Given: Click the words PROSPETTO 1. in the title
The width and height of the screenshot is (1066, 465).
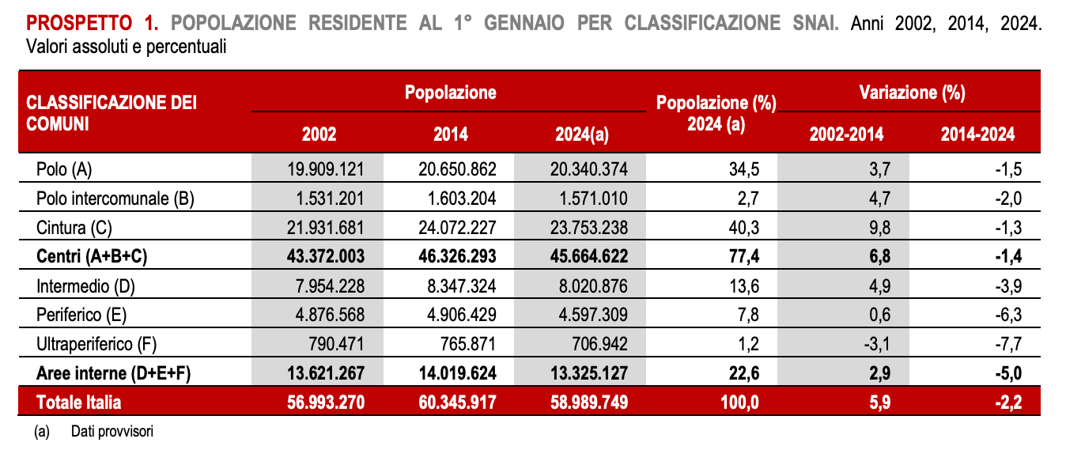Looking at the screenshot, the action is tap(93, 23).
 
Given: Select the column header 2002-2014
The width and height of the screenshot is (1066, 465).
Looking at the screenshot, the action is tap(847, 134).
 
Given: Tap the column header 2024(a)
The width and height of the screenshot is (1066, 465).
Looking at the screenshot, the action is tap(582, 134).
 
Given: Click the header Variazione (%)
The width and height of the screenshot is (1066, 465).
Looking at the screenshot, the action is tap(913, 93).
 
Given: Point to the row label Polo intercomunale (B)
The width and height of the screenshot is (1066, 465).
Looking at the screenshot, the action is tap(115, 198).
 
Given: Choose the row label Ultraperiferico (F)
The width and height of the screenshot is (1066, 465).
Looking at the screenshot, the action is tap(96, 344).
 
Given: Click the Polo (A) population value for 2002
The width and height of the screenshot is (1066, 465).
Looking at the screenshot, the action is tap(326, 169).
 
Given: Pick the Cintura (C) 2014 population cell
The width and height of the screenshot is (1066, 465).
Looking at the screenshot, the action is tap(457, 228).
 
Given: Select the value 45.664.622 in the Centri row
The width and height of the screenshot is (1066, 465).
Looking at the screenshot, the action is tap(589, 256).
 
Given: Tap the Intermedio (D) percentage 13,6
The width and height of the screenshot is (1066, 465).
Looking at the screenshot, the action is tap(744, 286).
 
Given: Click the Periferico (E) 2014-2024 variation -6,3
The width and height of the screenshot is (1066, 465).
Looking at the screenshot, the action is tap(1008, 315).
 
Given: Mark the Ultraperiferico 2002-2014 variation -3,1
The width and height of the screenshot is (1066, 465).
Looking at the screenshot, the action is tap(877, 344).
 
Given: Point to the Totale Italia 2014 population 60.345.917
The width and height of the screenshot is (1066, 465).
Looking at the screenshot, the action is tap(457, 403).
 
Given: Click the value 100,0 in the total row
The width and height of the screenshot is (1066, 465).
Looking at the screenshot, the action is tap(739, 403).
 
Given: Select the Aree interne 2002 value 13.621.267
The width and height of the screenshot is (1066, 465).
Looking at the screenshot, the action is tap(326, 373).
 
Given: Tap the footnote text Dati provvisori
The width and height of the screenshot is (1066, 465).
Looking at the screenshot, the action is tap(112, 431).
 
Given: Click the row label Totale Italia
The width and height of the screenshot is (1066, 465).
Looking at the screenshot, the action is tap(78, 403).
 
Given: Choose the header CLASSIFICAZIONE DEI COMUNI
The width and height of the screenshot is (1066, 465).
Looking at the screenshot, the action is tap(112, 113).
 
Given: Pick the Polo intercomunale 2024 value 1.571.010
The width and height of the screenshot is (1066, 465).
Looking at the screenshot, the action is tap(593, 198).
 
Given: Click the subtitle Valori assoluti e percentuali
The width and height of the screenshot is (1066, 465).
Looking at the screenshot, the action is tap(126, 47).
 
